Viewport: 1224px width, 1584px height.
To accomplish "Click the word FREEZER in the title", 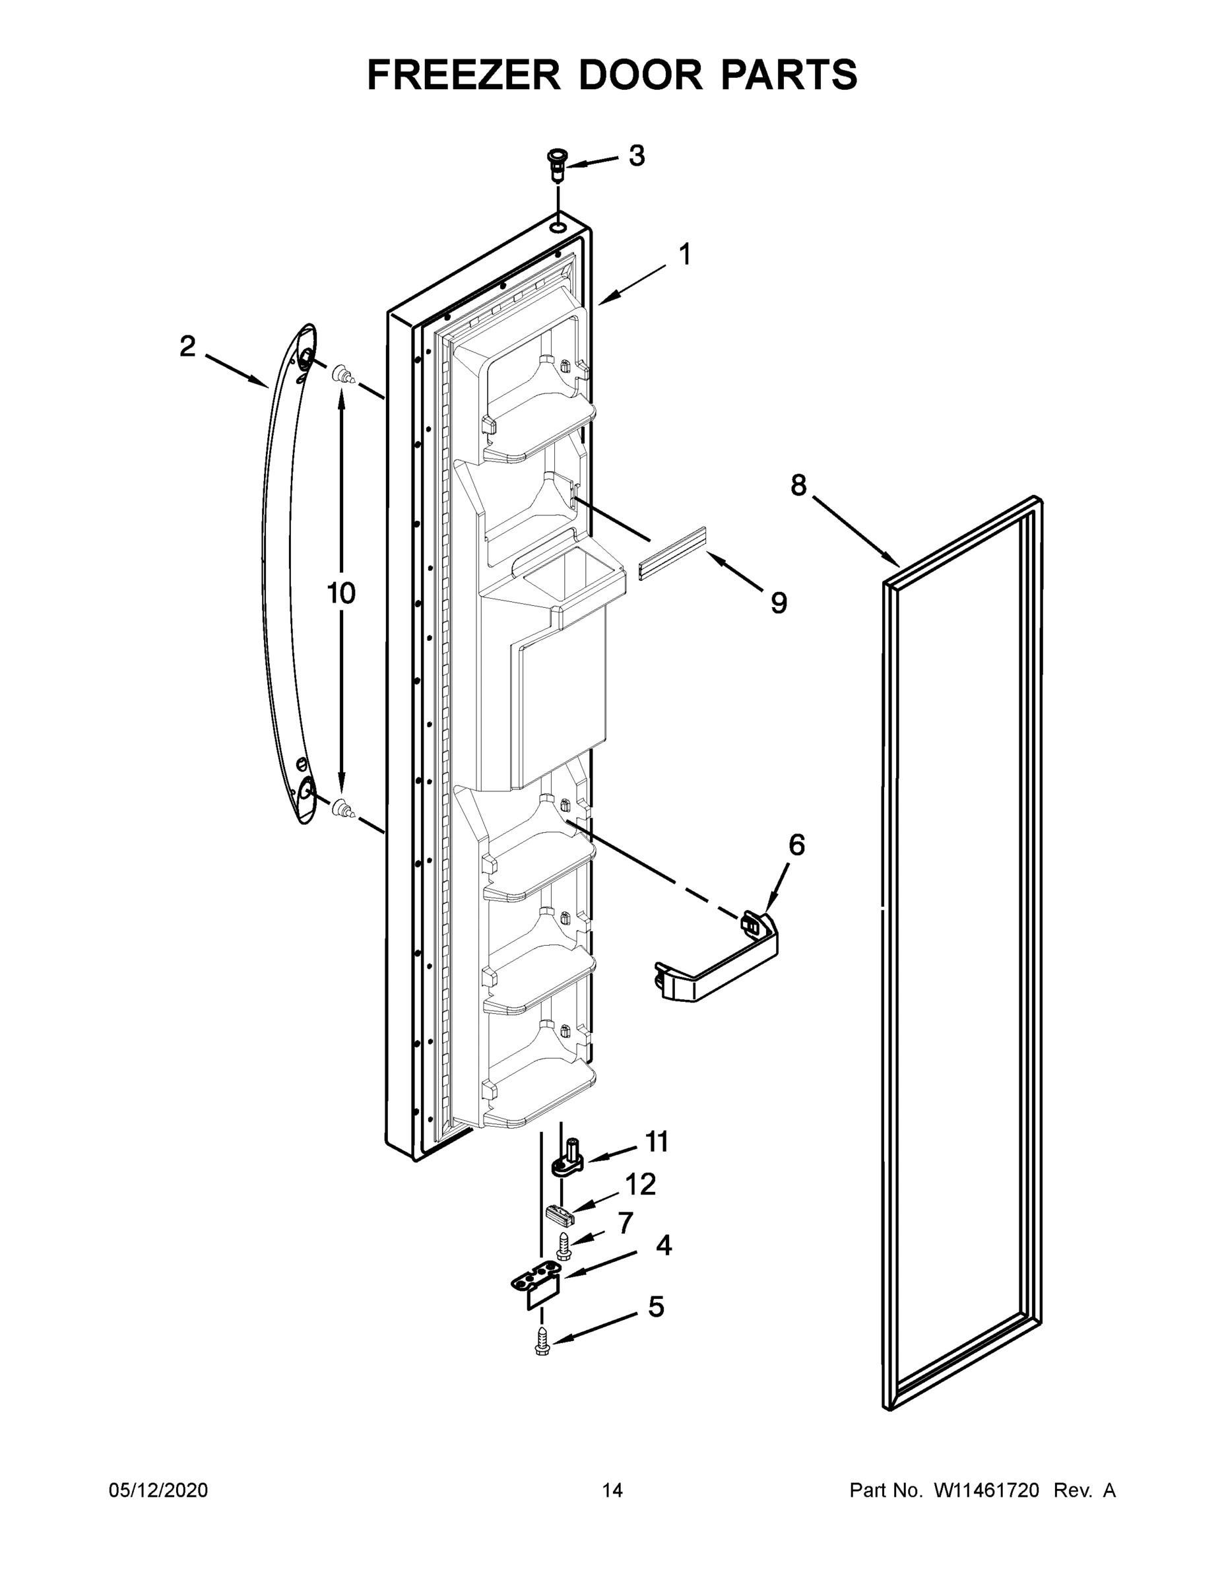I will click(464, 75).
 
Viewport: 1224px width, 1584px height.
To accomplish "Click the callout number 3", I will click(636, 155).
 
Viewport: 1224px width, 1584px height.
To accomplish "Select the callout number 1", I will click(684, 255).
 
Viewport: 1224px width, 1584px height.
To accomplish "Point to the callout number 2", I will click(188, 346).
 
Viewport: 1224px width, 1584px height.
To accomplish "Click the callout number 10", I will click(340, 593).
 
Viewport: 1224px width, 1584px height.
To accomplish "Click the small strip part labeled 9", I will click(672, 552).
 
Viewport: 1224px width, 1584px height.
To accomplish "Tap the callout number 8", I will click(798, 485).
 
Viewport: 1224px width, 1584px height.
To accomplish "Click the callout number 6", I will click(796, 845).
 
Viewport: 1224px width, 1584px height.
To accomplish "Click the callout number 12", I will click(640, 1185).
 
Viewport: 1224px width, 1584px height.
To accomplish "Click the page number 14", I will click(612, 1490).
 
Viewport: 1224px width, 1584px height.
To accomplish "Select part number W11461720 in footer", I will click(986, 1490).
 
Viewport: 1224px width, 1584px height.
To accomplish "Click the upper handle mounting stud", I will click(343, 376).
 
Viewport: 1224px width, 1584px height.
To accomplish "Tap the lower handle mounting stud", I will click(342, 808).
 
